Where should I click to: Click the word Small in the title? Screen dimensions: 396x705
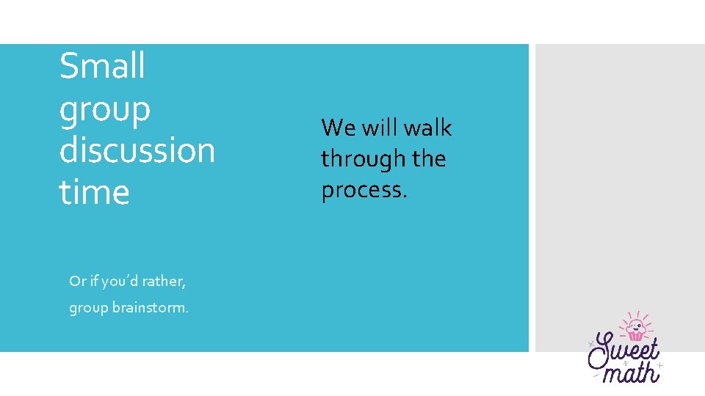[x=102, y=66]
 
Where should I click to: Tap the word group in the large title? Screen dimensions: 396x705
[x=104, y=111]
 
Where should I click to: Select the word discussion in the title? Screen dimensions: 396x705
[x=137, y=150]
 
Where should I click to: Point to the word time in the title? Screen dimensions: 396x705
[x=94, y=192]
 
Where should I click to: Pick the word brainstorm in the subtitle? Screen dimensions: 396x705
[x=151, y=308]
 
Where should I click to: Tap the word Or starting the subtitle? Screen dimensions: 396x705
[x=76, y=281]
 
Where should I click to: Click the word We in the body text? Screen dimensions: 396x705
[x=338, y=128]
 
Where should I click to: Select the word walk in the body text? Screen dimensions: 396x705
[x=427, y=128]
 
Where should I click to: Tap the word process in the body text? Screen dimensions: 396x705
[x=363, y=190]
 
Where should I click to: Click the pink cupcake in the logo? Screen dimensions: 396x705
[x=635, y=329]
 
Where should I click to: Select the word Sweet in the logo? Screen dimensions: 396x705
[x=624, y=351]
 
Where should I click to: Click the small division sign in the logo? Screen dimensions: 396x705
[x=625, y=362]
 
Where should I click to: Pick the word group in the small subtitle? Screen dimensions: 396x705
[x=88, y=308]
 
